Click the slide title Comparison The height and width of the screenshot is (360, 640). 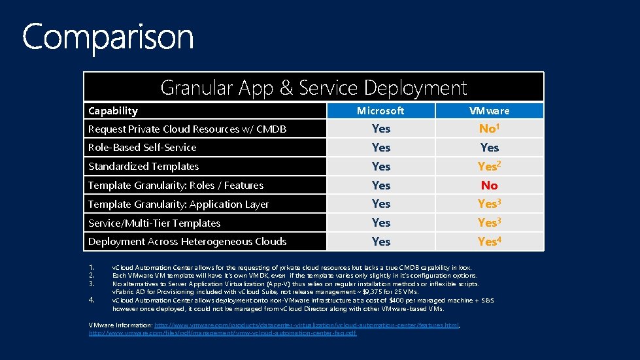pos(108,37)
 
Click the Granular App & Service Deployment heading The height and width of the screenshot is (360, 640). pos(313,87)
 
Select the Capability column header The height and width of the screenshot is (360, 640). pos(113,110)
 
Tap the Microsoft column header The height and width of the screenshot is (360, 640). pos(380,110)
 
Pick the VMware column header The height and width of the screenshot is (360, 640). pos(489,110)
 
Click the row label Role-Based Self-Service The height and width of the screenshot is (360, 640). pos(142,148)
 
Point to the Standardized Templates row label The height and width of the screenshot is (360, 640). pos(143,167)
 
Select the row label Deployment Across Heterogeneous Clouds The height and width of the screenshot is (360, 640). pos(187,242)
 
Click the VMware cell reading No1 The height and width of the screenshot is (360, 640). pos(489,129)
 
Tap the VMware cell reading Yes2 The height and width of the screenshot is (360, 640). pos(489,167)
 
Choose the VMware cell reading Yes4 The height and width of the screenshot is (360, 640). pos(489,242)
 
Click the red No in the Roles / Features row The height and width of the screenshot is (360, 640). pos(489,186)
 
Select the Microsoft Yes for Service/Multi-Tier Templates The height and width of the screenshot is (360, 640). pos(380,223)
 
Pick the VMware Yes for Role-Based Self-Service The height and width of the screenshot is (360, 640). pos(489,148)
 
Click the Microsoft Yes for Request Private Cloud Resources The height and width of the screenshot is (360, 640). pos(380,129)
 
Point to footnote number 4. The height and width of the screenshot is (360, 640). pos(92,300)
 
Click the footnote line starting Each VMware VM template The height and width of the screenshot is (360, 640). pos(295,276)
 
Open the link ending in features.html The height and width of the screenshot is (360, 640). pos(307,325)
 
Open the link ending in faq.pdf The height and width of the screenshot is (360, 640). pos(223,333)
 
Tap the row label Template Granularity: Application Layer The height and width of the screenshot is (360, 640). pos(178,205)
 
